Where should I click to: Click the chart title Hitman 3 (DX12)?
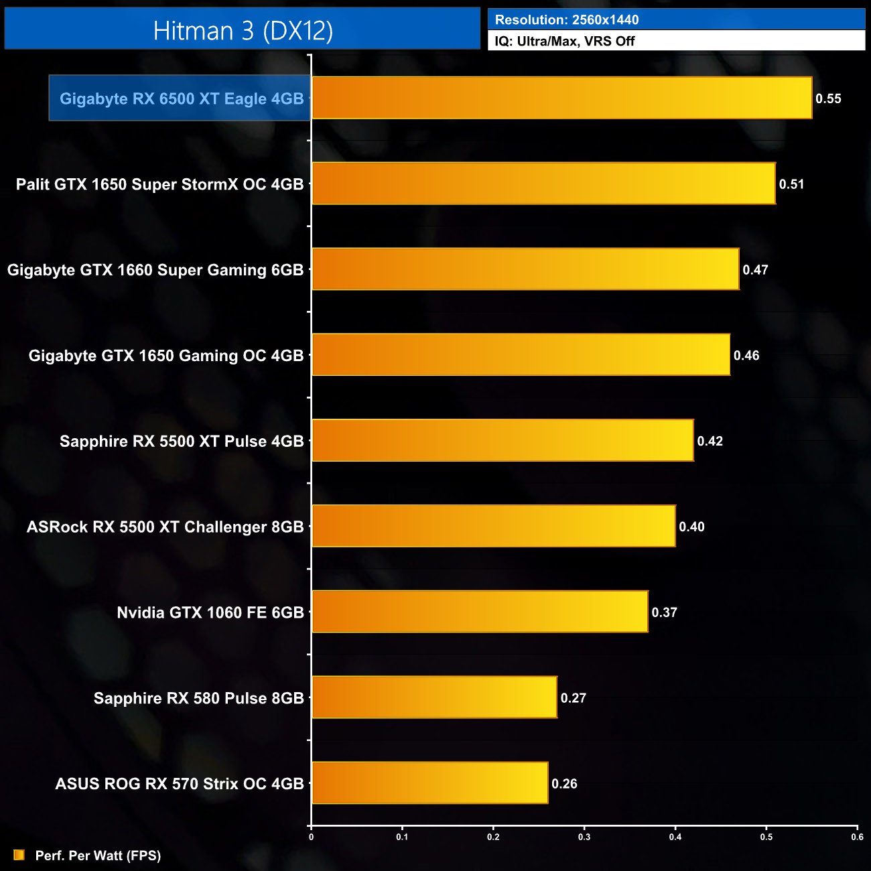click(x=243, y=30)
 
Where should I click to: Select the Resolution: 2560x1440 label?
click(x=567, y=20)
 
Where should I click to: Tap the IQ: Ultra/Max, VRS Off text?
click(x=565, y=41)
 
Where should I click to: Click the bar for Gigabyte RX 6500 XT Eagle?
click(x=561, y=98)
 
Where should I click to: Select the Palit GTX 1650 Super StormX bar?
click(x=543, y=184)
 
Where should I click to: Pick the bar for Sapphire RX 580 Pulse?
click(x=434, y=697)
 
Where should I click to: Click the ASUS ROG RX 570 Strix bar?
click(x=429, y=783)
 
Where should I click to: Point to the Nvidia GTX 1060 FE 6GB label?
click(x=210, y=612)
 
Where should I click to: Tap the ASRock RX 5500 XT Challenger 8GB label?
click(x=165, y=527)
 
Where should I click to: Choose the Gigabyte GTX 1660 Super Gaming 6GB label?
click(x=155, y=270)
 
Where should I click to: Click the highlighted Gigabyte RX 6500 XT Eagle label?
click(x=182, y=98)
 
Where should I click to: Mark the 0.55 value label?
click(x=828, y=98)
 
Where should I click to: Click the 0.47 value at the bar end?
click(x=755, y=270)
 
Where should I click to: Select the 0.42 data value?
click(x=710, y=441)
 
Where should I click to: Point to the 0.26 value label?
click(x=564, y=784)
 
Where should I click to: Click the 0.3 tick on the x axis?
click(x=584, y=837)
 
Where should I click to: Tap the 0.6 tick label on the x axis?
click(x=857, y=837)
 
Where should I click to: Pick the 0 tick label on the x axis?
click(x=311, y=837)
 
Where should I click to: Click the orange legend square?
click(x=19, y=855)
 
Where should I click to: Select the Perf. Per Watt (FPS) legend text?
click(x=98, y=856)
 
